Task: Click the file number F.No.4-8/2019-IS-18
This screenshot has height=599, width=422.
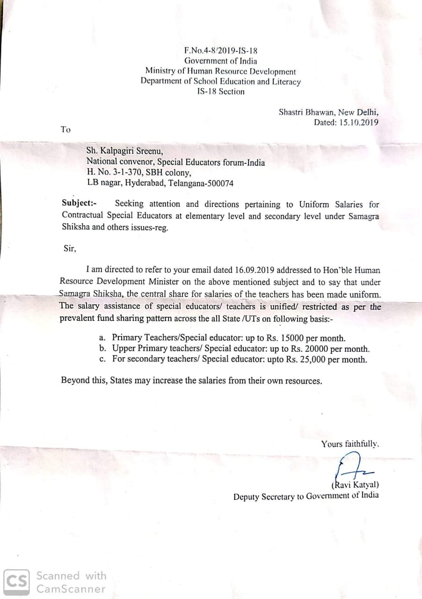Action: click(x=220, y=51)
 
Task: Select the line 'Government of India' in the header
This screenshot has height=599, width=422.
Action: click(x=220, y=61)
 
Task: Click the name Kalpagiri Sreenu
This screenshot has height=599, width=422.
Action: click(x=131, y=151)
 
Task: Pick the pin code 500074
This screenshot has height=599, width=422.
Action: click(x=219, y=183)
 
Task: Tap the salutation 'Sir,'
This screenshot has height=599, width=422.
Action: click(x=70, y=249)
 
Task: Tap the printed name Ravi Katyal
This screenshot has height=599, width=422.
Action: click(x=357, y=485)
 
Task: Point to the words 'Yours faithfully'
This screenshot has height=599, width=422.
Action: click(x=349, y=444)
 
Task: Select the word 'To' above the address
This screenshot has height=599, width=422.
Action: click(x=65, y=130)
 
